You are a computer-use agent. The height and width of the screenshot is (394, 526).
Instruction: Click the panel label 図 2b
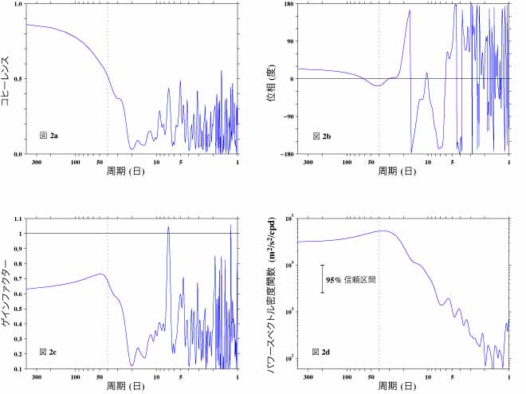point(320,136)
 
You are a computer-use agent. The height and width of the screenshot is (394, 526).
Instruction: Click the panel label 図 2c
point(49,352)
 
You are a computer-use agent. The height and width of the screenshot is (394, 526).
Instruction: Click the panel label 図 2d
point(320,352)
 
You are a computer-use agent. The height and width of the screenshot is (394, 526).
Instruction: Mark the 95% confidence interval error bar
point(322,278)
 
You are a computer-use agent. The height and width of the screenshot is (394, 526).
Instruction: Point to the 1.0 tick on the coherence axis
point(18,5)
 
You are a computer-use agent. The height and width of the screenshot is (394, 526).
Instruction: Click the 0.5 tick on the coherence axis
point(18,79)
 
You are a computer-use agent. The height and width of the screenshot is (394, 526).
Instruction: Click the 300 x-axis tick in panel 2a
point(36,162)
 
